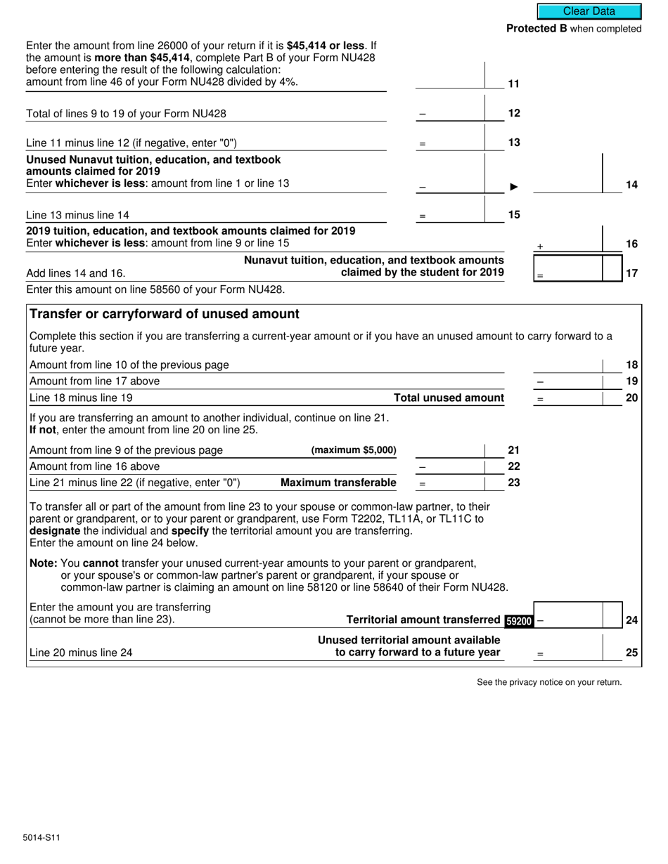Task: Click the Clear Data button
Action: [589, 11]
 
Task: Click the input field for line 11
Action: [450, 81]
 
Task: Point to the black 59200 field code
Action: [519, 621]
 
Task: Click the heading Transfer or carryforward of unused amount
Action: [165, 314]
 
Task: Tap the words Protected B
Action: [537, 29]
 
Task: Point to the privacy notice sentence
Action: [549, 682]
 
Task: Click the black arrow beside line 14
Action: [514, 187]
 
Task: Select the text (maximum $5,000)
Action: [354, 450]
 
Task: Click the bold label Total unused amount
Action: [449, 398]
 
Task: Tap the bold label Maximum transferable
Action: [338, 483]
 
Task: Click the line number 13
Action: [514, 143]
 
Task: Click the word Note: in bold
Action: [44, 563]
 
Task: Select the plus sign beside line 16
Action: [540, 247]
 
